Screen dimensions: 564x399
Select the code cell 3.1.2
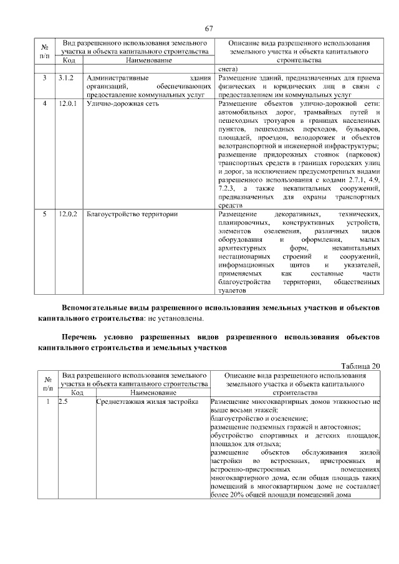click(x=67, y=78)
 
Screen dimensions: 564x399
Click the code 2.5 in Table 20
click(x=62, y=403)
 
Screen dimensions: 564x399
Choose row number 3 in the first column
click(x=44, y=78)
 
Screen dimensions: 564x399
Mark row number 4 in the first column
click(x=44, y=103)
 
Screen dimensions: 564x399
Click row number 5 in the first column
click(x=44, y=214)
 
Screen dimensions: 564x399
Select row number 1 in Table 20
click(x=47, y=403)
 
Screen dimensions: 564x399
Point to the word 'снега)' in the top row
click(x=229, y=69)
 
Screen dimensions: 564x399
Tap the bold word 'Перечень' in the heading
click(x=79, y=337)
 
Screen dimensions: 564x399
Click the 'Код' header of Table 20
click(x=77, y=393)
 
